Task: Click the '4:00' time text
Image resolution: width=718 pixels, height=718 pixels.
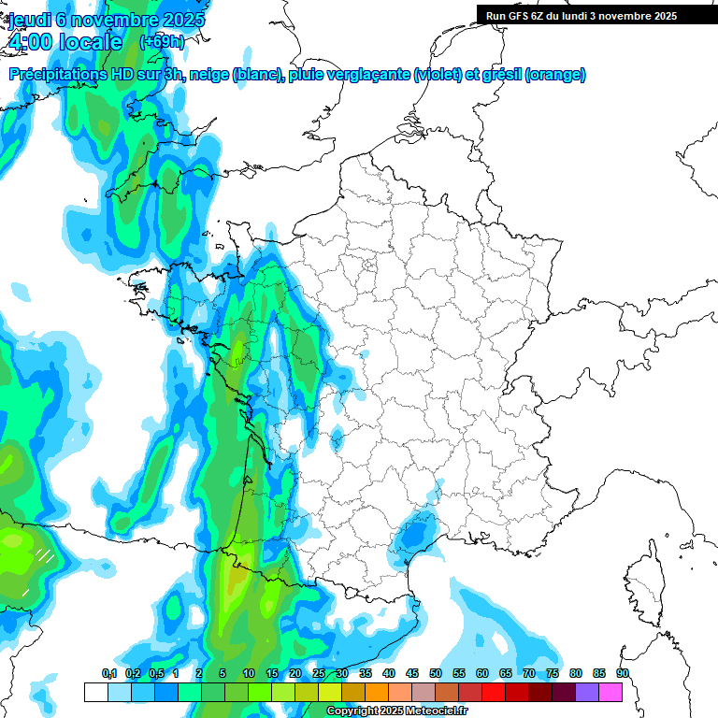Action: [30, 42]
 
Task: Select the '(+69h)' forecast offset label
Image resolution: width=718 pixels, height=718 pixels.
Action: [162, 41]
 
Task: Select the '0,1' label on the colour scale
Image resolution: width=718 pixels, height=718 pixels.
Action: [109, 674]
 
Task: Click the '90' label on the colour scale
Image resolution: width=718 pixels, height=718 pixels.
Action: [623, 674]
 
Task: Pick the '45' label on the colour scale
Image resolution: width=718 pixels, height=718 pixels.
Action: [412, 674]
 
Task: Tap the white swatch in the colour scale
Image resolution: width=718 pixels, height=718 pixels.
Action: [95, 692]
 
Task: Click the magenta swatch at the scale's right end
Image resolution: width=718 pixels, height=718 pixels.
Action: [610, 692]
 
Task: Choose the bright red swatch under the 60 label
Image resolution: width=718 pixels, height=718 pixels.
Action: [494, 692]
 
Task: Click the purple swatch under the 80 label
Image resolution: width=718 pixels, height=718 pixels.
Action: [587, 692]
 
